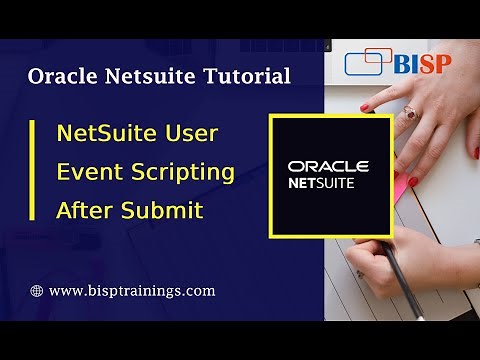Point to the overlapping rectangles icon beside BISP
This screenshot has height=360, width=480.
pyautogui.click(x=367, y=62)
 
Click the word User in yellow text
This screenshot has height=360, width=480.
pyautogui.click(x=190, y=132)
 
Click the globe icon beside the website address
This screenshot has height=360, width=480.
pyautogui.click(x=37, y=291)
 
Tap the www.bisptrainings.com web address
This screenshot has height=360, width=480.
pyautogui.click(x=132, y=291)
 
